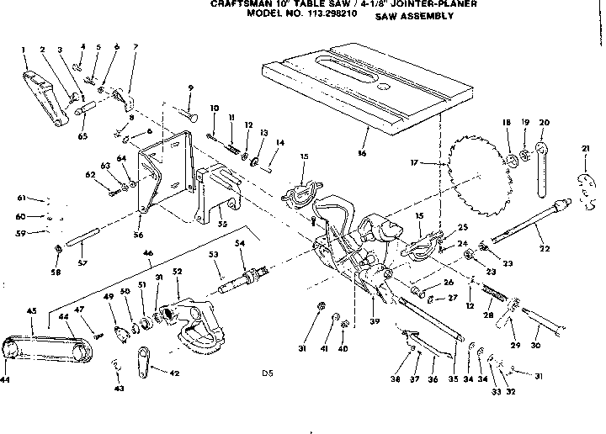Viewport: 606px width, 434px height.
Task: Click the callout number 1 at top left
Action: (24, 50)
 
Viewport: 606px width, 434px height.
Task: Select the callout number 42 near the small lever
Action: (174, 373)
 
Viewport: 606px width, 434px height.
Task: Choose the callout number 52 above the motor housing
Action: (177, 272)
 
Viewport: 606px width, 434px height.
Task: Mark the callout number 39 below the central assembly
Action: (374, 321)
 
